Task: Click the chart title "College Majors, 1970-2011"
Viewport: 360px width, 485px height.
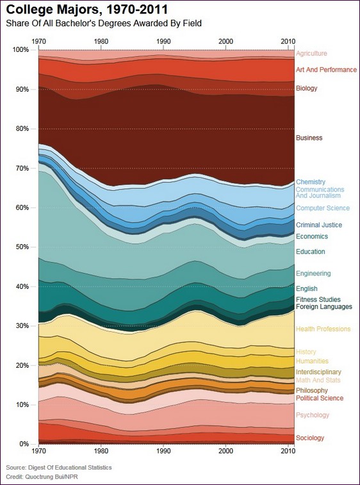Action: [x=87, y=10]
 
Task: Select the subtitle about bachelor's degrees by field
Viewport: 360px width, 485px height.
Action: [x=104, y=23]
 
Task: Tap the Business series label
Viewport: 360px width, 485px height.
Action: [x=309, y=138]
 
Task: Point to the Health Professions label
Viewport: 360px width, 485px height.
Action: [x=323, y=329]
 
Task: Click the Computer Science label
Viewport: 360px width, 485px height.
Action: [x=323, y=208]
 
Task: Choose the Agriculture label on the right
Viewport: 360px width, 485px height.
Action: [x=311, y=53]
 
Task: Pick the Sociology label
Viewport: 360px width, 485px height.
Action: [x=310, y=438]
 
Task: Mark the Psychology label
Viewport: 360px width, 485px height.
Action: [x=313, y=415]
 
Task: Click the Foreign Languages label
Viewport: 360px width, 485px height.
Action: [x=324, y=307]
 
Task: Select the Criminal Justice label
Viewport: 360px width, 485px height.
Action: [x=319, y=225]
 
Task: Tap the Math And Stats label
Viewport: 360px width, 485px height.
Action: [x=318, y=380]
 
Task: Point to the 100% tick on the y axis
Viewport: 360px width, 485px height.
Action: [x=20, y=50]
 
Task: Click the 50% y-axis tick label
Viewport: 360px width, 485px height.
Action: [x=22, y=247]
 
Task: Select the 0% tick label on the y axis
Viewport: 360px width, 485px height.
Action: [x=23, y=444]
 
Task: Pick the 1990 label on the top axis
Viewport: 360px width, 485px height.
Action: [x=163, y=42]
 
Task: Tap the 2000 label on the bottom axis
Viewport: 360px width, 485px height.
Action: [x=225, y=451]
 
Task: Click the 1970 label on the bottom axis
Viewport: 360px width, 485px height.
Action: [x=38, y=451]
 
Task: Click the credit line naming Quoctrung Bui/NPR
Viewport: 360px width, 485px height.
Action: [x=42, y=477]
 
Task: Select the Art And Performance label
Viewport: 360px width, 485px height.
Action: [x=326, y=70]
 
